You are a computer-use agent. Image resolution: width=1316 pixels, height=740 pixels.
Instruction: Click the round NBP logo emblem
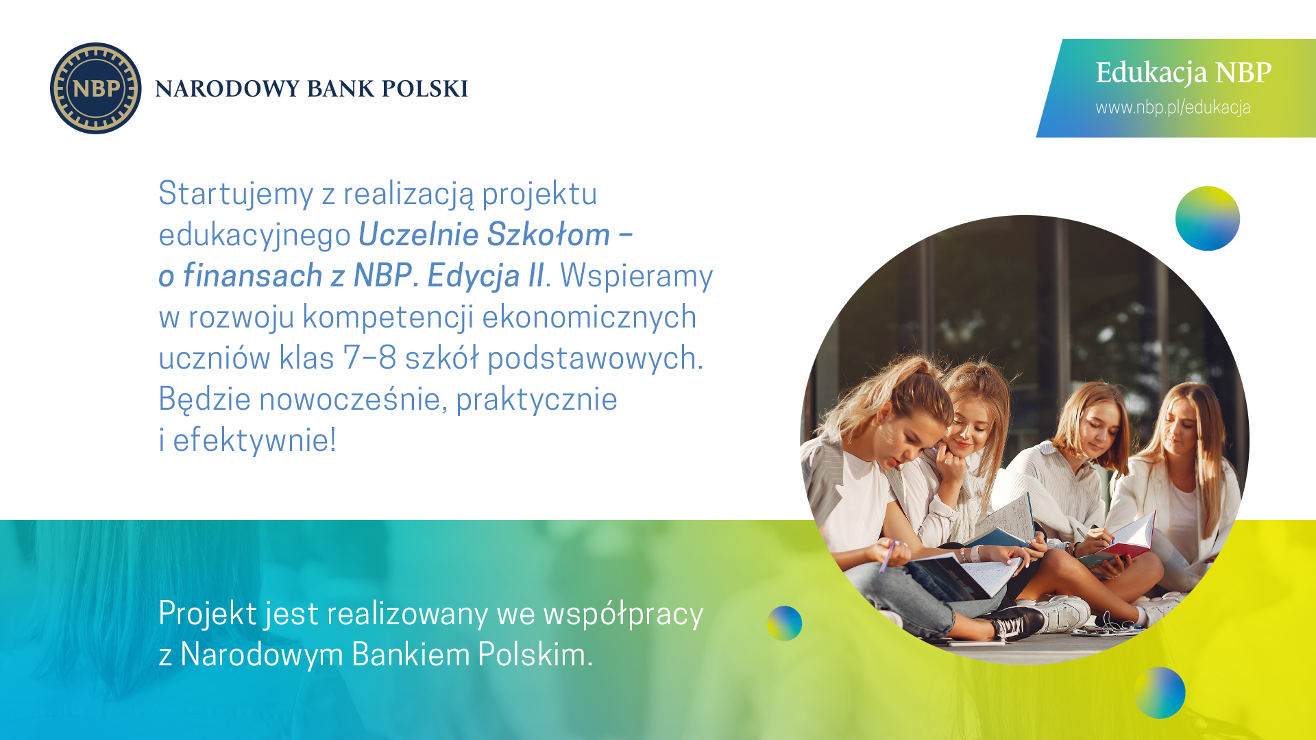point(96,88)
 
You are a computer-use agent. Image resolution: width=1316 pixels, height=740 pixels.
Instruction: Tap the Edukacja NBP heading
point(1183,73)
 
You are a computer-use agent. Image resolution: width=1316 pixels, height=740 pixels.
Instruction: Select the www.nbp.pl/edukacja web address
point(1173,108)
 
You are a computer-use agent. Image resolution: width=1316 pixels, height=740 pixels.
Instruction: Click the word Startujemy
point(236,194)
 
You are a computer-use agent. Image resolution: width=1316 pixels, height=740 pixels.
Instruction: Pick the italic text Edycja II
point(485,276)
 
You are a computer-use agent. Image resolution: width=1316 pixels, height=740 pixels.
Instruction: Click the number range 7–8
point(369,358)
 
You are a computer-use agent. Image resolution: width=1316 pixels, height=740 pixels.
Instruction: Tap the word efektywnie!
point(254,441)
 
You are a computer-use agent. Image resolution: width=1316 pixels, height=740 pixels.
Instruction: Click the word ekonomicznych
point(589,317)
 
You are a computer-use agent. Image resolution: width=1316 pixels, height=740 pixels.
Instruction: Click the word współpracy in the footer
point(623,615)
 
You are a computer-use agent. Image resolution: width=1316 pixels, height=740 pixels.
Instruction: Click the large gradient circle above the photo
point(1207,219)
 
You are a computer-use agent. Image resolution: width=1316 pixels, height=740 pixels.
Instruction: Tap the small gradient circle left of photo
point(784,624)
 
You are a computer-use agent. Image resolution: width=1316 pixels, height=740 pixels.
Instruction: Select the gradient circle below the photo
point(1159,693)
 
